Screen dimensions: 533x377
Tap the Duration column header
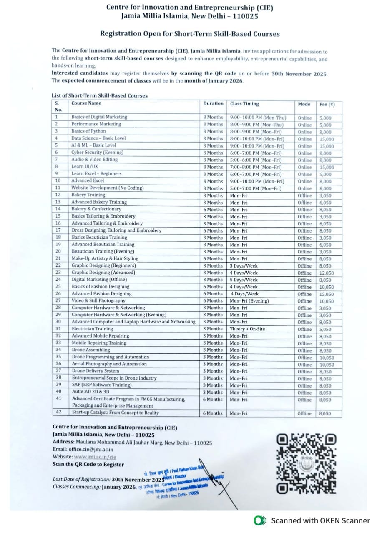click(x=213, y=103)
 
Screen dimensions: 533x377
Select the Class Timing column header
click(x=244, y=103)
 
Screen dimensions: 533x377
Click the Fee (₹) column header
click(x=327, y=104)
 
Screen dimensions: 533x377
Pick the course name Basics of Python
click(x=88, y=131)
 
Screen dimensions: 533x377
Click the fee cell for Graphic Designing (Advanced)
click(x=327, y=273)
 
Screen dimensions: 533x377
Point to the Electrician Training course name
click(x=92, y=329)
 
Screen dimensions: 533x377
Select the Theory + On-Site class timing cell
click(x=247, y=329)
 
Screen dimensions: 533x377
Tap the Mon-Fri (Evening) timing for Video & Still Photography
click(x=249, y=301)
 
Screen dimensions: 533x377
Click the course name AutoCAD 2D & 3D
click(x=90, y=392)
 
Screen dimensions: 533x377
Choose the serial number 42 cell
click(x=58, y=413)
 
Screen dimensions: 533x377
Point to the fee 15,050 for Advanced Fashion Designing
click(x=327, y=294)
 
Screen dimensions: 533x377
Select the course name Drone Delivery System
click(x=96, y=371)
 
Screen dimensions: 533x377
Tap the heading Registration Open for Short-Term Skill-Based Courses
click(x=190, y=34)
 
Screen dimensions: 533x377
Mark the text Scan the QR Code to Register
click(x=88, y=464)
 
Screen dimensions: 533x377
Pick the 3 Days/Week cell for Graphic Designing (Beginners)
click(x=244, y=266)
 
